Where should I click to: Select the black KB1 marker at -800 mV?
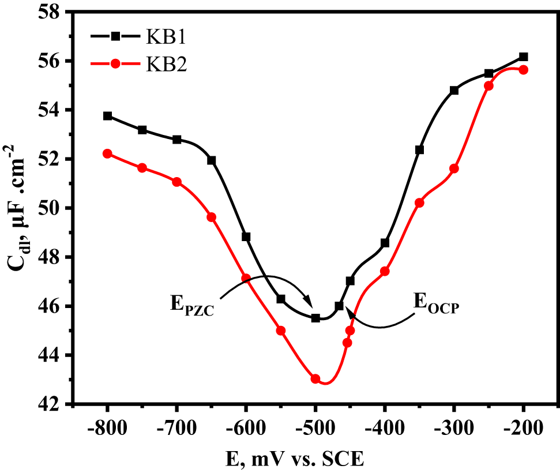pyautogui.click(x=108, y=116)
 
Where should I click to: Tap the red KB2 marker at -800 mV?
pyautogui.click(x=108, y=153)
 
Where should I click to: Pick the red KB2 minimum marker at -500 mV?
pyautogui.click(x=315, y=379)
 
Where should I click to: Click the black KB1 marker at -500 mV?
pyautogui.click(x=315, y=318)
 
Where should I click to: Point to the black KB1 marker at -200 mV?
pyautogui.click(x=524, y=57)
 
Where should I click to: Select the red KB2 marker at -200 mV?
pyautogui.click(x=524, y=70)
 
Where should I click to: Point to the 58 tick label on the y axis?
pyautogui.click(x=51, y=12)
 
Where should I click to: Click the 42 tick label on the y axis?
pyautogui.click(x=51, y=404)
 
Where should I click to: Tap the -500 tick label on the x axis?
pyautogui.click(x=315, y=429)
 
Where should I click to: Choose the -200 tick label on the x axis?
pyautogui.click(x=524, y=429)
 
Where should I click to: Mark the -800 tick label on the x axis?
pyautogui.click(x=108, y=429)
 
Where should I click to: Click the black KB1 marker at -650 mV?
pyautogui.click(x=212, y=160)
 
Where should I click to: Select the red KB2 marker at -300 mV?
pyautogui.click(x=454, y=168)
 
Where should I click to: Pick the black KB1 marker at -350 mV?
pyautogui.click(x=419, y=150)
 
